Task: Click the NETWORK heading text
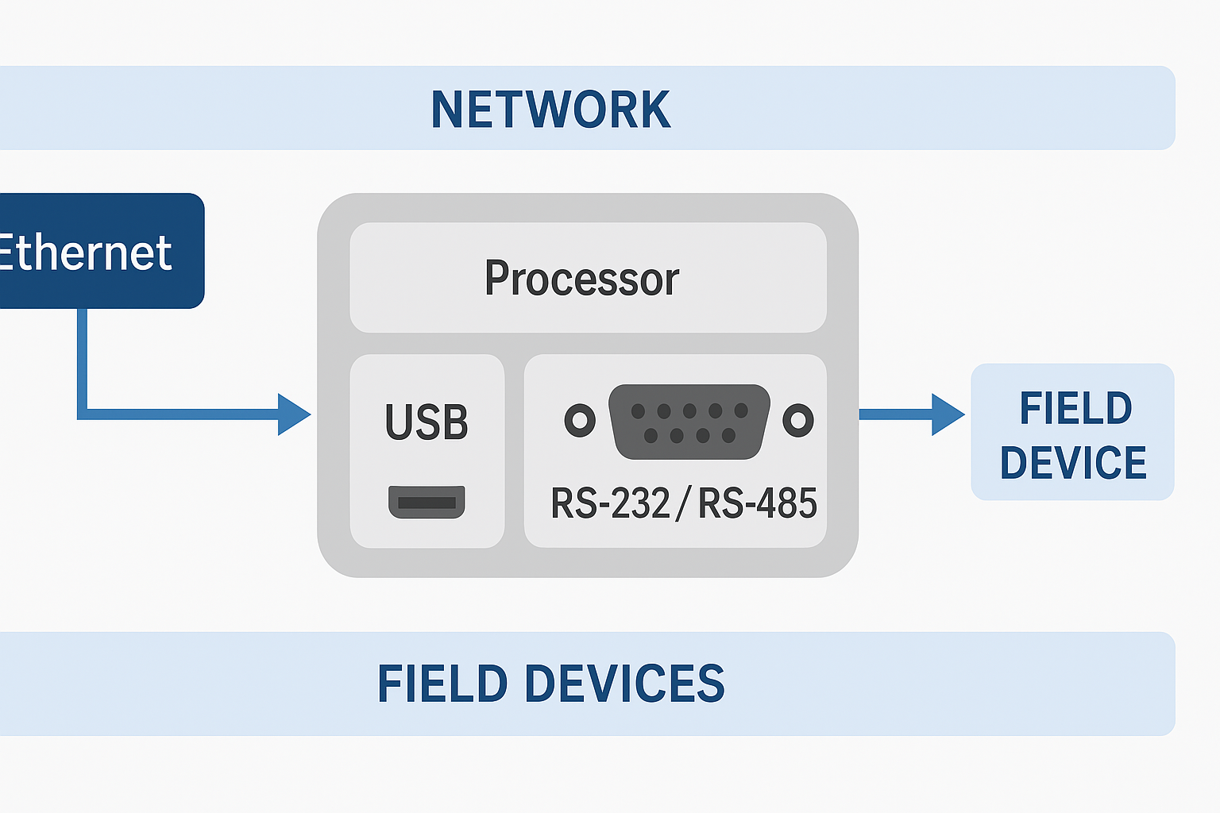[x=550, y=109]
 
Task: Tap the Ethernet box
[x=95, y=251]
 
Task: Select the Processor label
[x=581, y=278]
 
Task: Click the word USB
[x=427, y=422]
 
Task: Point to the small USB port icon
[x=427, y=502]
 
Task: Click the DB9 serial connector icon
[x=689, y=422]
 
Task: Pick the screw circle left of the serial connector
[x=580, y=420]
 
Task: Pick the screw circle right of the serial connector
[x=798, y=420]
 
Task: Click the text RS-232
[x=610, y=503]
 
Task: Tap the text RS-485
[x=758, y=503]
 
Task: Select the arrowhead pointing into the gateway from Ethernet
[x=294, y=414]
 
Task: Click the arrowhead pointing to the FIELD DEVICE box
[x=948, y=414]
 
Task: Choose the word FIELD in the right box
[x=1075, y=409]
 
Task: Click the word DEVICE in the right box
[x=1073, y=463]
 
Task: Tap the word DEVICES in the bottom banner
[x=624, y=684]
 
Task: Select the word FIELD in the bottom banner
[x=442, y=684]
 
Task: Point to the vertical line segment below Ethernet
[x=82, y=357]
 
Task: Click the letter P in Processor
[x=496, y=278]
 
